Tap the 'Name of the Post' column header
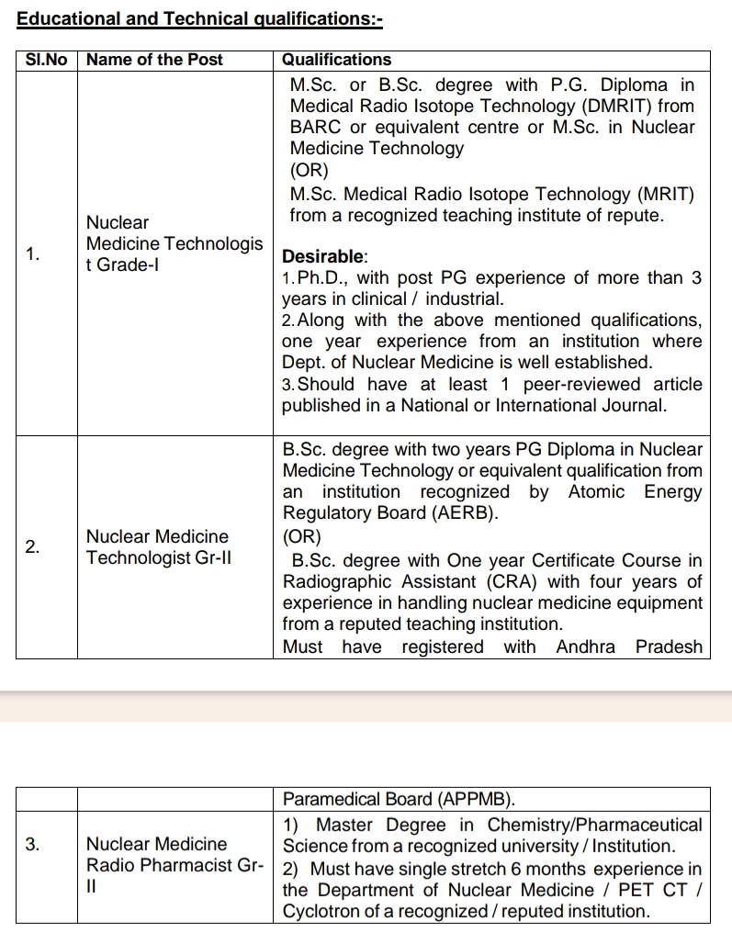point(154,60)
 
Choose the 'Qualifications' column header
point(336,60)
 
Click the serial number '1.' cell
point(33,253)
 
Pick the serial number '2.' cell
point(33,547)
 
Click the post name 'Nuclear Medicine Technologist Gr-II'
point(157,547)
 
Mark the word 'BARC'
point(315,128)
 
